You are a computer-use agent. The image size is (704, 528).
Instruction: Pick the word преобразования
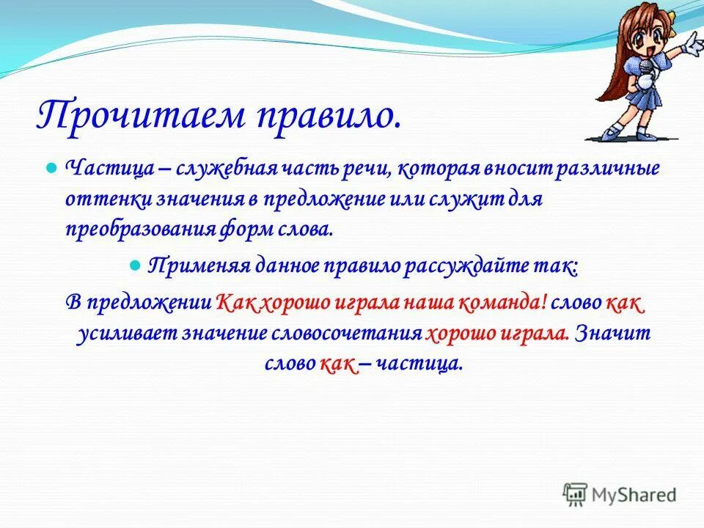click(139, 229)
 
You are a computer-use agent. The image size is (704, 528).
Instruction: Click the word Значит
click(613, 334)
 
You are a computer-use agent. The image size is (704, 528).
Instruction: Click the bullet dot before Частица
click(51, 169)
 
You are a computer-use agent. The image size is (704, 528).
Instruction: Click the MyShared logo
click(620, 494)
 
